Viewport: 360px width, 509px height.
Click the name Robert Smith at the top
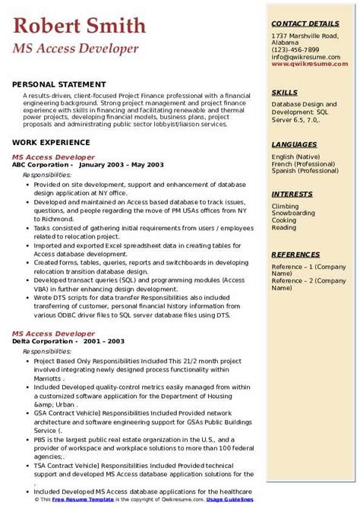pyautogui.click(x=79, y=27)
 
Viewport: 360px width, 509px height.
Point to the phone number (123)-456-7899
pyautogui.click(x=295, y=49)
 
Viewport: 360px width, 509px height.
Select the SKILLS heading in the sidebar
pyautogui.click(x=285, y=93)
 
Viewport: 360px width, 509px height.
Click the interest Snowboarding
pyautogui.click(x=293, y=213)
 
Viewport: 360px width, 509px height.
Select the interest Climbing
pyautogui.click(x=285, y=206)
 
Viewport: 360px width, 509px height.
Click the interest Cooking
pyautogui.click(x=284, y=220)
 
